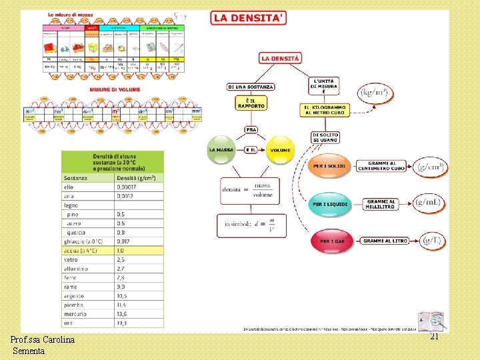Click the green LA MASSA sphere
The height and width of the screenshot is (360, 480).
(x=221, y=150)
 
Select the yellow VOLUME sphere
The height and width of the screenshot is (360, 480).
(x=280, y=150)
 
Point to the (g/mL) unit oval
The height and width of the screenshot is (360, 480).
(x=428, y=202)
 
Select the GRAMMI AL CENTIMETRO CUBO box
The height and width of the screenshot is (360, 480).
(x=381, y=166)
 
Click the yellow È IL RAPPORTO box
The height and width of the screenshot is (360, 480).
(x=251, y=103)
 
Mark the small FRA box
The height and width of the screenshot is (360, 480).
(x=251, y=129)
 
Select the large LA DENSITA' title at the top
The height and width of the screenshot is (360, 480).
(x=249, y=18)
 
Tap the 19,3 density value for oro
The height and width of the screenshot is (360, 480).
(x=121, y=323)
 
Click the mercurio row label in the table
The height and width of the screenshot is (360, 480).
(x=75, y=314)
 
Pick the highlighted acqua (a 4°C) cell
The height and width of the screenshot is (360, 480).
(x=80, y=251)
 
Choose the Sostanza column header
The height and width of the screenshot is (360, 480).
(x=76, y=178)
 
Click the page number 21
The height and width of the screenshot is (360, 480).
(x=434, y=337)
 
